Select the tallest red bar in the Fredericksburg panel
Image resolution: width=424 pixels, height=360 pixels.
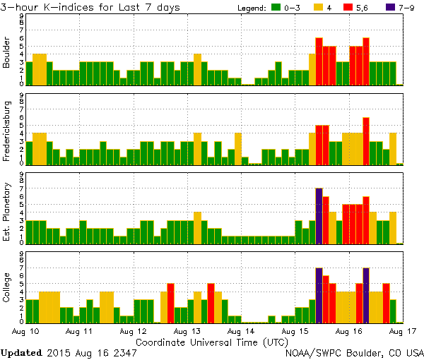coord(366,140)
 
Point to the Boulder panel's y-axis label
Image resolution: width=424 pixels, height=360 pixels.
coord(7,54)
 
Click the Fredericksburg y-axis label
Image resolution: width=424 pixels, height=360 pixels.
coord(7,133)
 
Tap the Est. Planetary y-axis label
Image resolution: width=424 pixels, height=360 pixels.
coord(7,212)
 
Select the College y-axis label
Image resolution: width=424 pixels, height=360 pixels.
coord(7,291)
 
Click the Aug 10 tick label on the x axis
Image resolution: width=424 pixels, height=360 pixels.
coord(26,330)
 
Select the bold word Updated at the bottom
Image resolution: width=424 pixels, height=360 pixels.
coord(21,352)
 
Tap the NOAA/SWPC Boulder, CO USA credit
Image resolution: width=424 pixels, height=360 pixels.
coord(354,352)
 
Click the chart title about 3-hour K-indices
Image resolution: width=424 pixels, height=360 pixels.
coord(90,8)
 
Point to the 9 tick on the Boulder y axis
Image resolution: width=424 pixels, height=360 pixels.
coord(22,16)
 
